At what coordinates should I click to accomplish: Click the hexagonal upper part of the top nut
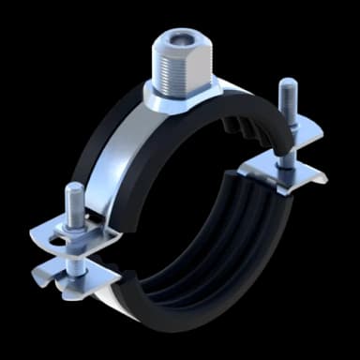tap(180, 47)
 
